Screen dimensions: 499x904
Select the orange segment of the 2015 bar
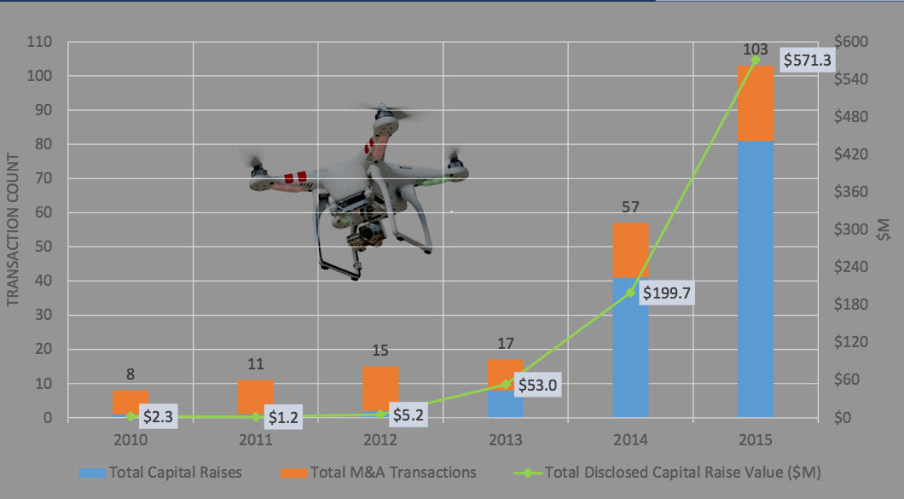(756, 103)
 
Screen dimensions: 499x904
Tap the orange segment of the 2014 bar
(630, 250)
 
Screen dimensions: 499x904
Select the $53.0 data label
(542, 385)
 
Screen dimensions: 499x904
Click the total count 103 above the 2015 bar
(756, 49)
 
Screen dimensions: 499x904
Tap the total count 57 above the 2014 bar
(631, 206)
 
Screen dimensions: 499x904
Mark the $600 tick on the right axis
(854, 42)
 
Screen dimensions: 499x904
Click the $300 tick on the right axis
(854, 229)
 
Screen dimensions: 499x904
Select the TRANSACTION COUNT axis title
(13, 230)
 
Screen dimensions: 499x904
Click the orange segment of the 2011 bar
(256, 397)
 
